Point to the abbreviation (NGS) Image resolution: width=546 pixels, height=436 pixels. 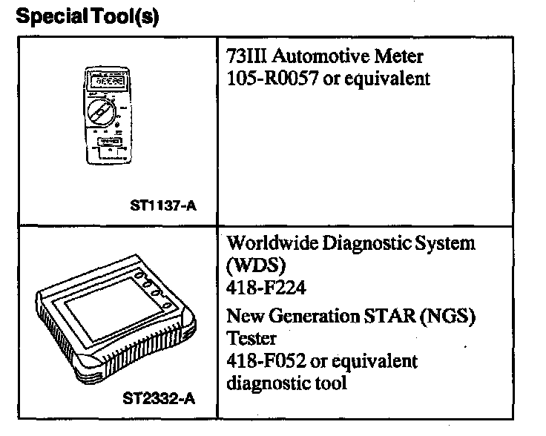click(x=447, y=317)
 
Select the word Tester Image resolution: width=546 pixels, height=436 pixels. click(x=251, y=338)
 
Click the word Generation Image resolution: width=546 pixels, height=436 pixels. click(x=306, y=317)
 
